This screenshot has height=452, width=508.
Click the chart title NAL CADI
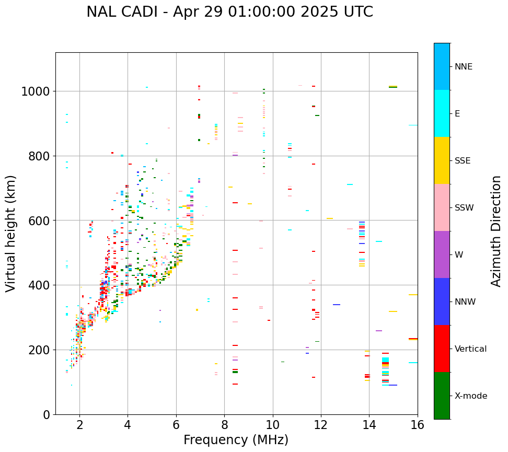coord(229,12)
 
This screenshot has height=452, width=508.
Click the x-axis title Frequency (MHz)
coord(236,440)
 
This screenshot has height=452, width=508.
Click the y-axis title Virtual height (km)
coord(11,234)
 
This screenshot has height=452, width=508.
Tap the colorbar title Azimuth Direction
coord(496,231)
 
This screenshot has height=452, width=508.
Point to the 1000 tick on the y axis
coord(35,92)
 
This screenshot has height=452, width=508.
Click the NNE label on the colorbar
coord(463,67)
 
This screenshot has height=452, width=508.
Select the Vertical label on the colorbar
coord(470,349)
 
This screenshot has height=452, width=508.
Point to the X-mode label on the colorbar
coord(470,396)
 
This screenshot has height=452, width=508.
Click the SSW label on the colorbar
coord(464,208)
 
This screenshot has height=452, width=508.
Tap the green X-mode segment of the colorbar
coord(442,396)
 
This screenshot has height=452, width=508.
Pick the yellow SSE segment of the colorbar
coord(442,160)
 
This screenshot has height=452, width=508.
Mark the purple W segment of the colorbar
coord(442,254)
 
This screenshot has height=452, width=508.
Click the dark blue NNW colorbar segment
coord(442,302)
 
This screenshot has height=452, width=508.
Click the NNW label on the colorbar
coord(465,302)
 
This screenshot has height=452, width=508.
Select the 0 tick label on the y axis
coord(47,415)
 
